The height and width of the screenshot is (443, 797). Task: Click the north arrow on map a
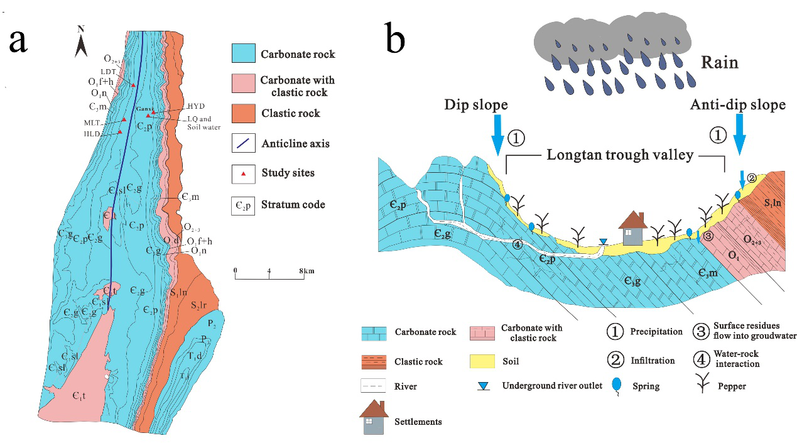pos(81,41)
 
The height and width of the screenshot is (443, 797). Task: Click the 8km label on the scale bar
pos(305,271)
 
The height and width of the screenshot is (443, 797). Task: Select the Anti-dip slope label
pos(738,104)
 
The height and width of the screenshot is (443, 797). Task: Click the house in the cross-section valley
pos(632,228)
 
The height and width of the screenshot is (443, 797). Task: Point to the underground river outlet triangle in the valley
pos(603,242)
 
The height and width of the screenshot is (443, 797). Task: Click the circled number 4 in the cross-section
pos(517,244)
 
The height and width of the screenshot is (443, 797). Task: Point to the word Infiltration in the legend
pos(653,361)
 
